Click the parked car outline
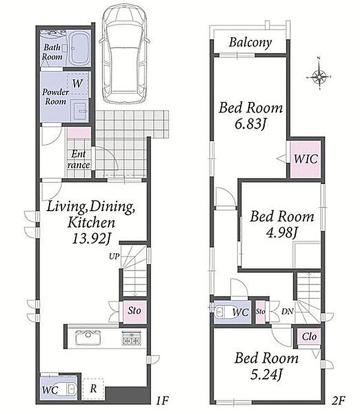(124, 55)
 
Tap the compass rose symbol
(319, 77)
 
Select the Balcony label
(250, 42)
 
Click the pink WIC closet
(305, 159)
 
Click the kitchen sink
(88, 338)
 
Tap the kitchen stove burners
(131, 338)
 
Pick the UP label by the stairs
(114, 256)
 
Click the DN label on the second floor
(287, 312)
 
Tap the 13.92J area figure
(92, 239)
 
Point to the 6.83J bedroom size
(250, 124)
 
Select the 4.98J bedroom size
(281, 233)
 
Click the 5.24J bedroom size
(266, 374)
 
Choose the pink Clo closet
(309, 337)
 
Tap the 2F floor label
(338, 401)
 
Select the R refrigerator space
(93, 389)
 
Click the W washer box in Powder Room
(78, 83)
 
